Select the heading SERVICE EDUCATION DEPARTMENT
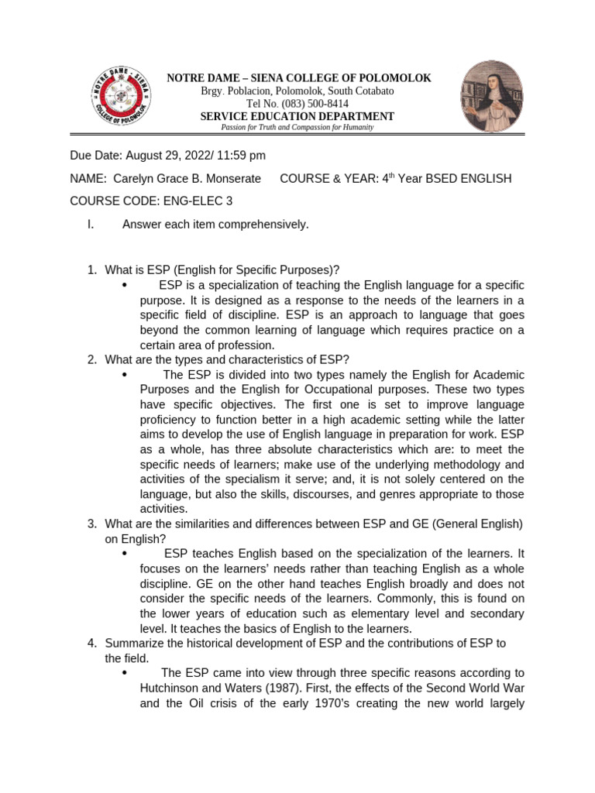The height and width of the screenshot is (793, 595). click(297, 116)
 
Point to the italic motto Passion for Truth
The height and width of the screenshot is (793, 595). click(297, 127)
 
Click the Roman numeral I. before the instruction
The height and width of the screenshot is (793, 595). click(91, 225)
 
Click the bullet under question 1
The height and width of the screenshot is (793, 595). click(125, 286)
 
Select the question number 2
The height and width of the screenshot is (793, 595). click(91, 359)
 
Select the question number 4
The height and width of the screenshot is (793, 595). click(91, 643)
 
